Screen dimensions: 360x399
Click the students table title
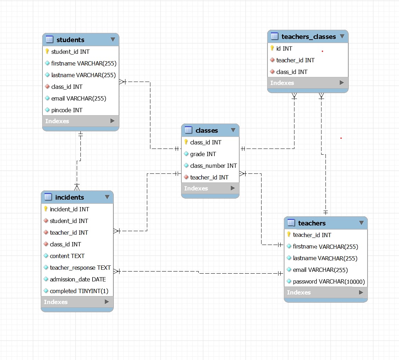tap(70, 40)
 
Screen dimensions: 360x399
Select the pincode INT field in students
tap(67, 110)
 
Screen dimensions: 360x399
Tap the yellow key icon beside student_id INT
tap(47, 52)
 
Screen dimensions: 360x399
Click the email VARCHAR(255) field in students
tap(78, 98)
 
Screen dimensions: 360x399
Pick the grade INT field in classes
tap(203, 154)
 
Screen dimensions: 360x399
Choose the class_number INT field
tap(213, 166)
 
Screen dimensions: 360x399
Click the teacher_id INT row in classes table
tap(209, 177)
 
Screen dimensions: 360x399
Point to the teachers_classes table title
tap(308, 36)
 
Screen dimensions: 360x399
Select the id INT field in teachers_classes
tap(284, 48)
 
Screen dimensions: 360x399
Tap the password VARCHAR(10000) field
tap(328, 281)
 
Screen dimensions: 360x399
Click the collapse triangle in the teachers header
tap(361, 223)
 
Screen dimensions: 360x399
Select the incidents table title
tap(69, 197)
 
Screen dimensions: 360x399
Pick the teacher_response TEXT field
tap(80, 268)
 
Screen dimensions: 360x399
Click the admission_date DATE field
tap(78, 279)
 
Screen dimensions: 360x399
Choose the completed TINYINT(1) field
tap(79, 291)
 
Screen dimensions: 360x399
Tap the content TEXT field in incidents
tap(67, 256)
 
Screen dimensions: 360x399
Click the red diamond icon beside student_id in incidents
tap(46, 221)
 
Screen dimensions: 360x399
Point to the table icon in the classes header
tap(188, 130)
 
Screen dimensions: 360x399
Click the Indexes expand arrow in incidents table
tap(107, 302)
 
